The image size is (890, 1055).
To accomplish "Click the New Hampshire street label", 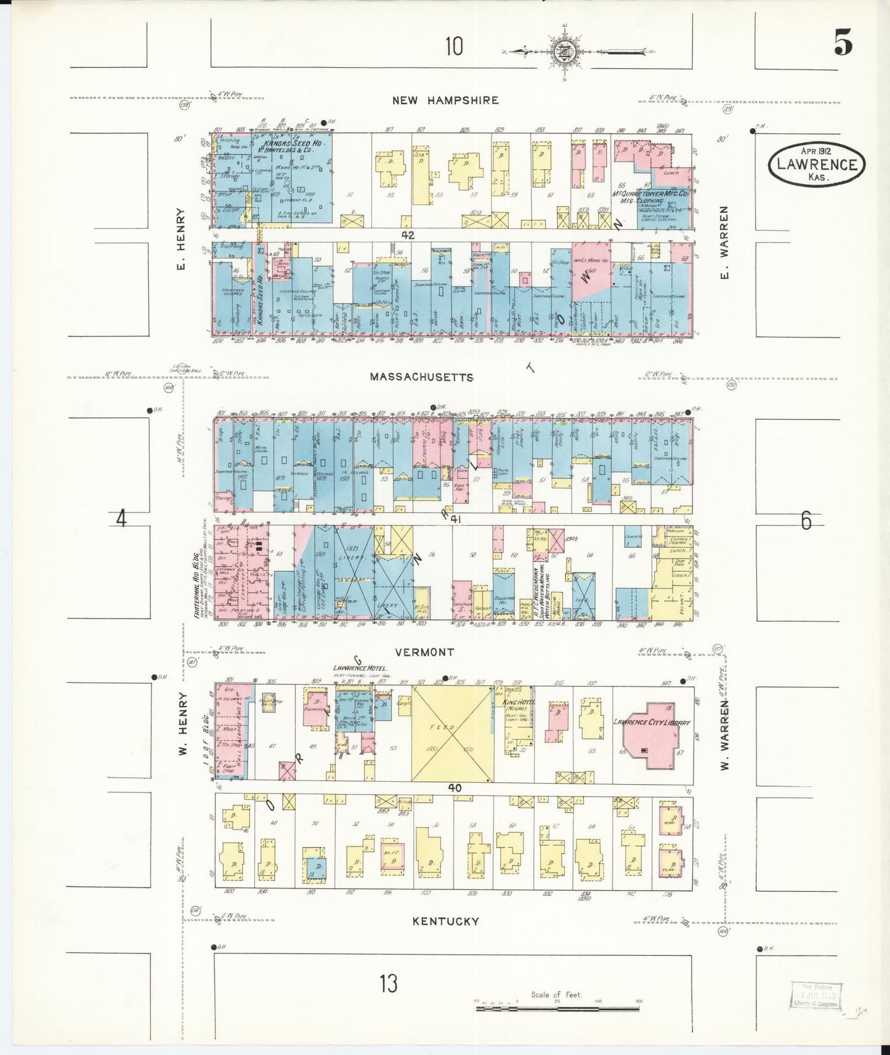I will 445,100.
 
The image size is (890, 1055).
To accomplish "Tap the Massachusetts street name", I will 421,377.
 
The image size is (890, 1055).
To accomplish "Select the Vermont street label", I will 425,652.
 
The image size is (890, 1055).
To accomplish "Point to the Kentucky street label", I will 446,921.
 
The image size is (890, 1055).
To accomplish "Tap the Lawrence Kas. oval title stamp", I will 816,163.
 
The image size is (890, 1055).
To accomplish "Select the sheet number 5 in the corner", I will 843,43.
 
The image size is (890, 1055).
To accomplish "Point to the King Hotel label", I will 519,702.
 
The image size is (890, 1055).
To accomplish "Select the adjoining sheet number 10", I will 454,46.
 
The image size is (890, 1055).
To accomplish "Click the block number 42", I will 407,235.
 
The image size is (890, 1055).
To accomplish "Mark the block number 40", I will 455,787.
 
